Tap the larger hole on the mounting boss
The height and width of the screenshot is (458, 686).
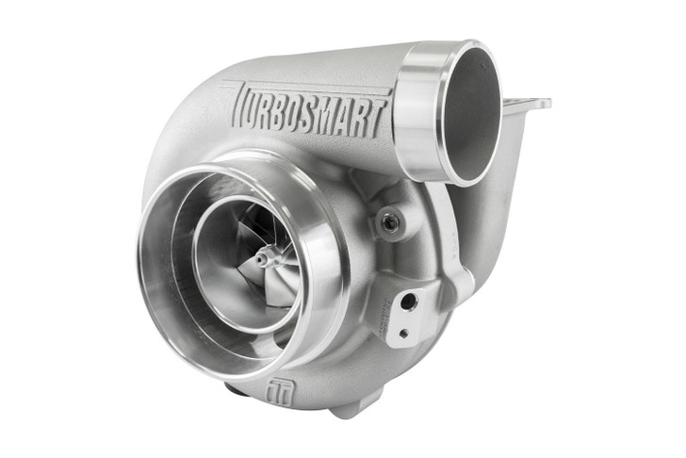coord(409,301)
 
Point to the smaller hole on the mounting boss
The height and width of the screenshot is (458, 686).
coord(403,332)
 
